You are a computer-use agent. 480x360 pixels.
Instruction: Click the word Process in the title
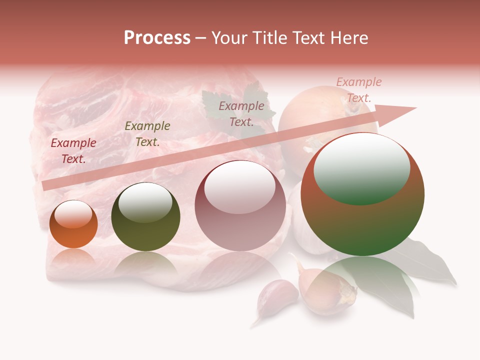pyautogui.click(x=157, y=38)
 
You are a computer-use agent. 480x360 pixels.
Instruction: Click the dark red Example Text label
pyautogui.click(x=73, y=150)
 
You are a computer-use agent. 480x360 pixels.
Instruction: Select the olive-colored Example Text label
pyautogui.click(x=147, y=133)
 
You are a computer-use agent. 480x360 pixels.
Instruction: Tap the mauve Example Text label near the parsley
pyautogui.click(x=241, y=113)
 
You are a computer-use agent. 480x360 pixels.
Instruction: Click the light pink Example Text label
pyautogui.click(x=359, y=89)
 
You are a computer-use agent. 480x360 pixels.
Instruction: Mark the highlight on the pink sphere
pyautogui.click(x=240, y=186)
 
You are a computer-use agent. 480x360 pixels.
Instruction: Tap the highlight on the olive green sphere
pyautogui.click(x=145, y=202)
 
